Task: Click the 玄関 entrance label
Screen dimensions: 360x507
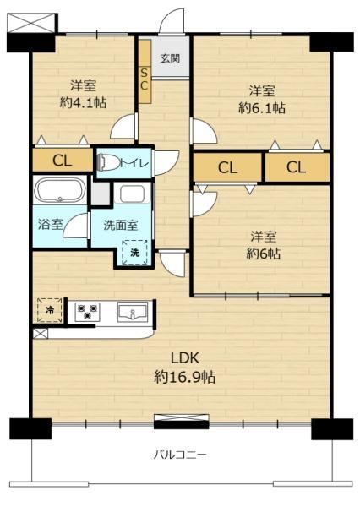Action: coord(170,58)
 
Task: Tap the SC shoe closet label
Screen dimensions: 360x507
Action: coord(144,79)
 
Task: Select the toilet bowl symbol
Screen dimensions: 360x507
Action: coord(107,161)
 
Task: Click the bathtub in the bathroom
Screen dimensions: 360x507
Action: coord(60,190)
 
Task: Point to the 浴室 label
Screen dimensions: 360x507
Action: coord(50,224)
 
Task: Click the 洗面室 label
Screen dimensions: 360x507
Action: coord(121,225)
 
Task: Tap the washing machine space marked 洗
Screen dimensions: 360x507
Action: coord(135,253)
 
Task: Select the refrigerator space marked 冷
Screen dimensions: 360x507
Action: coord(50,310)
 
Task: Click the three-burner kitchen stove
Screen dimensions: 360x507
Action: coord(87,311)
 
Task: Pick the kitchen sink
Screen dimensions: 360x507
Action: coord(133,312)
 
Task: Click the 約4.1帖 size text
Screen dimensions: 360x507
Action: coord(83,103)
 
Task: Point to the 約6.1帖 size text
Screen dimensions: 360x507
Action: coord(262,107)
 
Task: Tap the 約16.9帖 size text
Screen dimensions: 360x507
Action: coord(185,377)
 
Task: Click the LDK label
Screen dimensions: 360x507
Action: coord(185,358)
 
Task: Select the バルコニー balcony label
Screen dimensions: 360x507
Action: coord(180,455)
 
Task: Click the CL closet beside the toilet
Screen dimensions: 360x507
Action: coord(62,160)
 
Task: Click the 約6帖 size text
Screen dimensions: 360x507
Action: coord(264,253)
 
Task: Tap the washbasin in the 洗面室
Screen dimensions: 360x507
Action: coord(132,194)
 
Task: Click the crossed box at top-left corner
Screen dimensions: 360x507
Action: coord(30,23)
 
